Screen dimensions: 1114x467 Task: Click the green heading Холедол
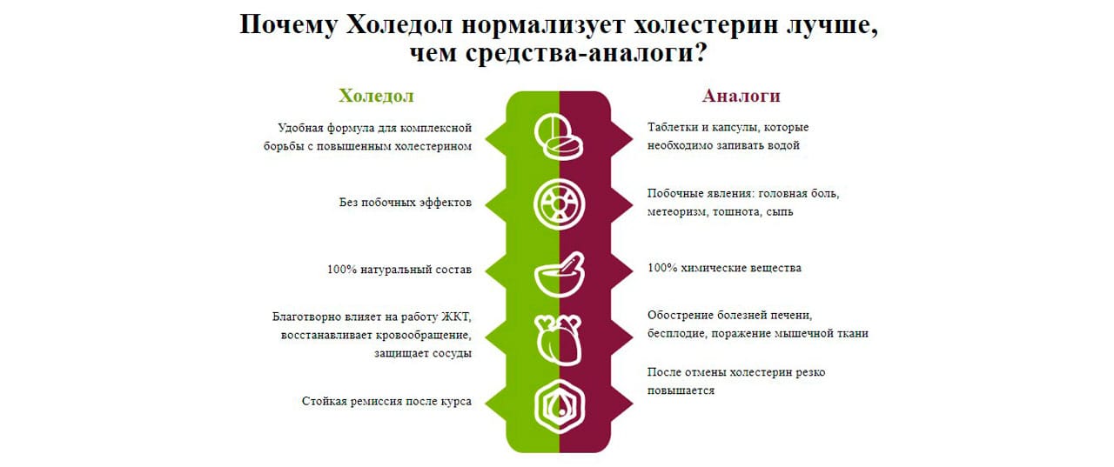[x=376, y=96]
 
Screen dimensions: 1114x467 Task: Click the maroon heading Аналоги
[x=741, y=96]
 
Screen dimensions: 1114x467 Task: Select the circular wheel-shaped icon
[x=559, y=204]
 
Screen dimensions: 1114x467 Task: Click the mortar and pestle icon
[x=559, y=275]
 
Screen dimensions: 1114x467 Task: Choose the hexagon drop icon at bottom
[x=560, y=406]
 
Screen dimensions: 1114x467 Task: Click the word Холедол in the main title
[x=399, y=24]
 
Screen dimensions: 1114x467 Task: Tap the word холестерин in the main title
[x=706, y=25]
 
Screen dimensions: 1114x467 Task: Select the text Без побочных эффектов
[x=406, y=203]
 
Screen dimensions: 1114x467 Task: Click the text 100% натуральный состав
[x=399, y=270]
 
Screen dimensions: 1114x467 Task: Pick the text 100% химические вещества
[x=724, y=268]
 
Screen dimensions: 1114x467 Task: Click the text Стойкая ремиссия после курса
[x=386, y=402]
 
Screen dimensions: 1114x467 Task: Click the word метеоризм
[x=676, y=212]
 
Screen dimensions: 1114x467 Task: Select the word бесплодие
[x=676, y=333]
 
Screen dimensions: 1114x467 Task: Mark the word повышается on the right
[x=681, y=390]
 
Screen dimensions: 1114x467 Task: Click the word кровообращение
[x=423, y=336]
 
